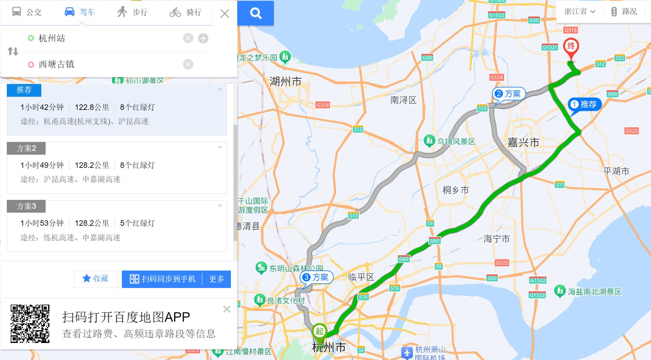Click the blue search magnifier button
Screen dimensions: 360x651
coord(256,13)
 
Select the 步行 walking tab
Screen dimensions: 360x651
coord(133,12)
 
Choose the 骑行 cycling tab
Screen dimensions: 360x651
coord(185,12)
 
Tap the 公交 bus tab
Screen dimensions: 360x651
coord(27,12)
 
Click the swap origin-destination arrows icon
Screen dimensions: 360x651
coord(13,52)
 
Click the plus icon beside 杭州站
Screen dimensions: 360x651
coord(203,38)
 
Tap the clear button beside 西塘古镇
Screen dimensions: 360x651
coord(188,64)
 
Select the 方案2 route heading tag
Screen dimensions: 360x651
coord(26,148)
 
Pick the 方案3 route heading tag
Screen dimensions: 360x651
coord(26,206)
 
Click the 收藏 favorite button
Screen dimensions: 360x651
coord(95,279)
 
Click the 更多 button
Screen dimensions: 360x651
coord(216,279)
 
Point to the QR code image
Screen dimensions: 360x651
coord(30,324)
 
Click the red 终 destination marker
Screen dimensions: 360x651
coord(571,47)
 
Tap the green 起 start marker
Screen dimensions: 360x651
coord(320,331)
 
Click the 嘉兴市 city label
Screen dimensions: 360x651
coord(523,143)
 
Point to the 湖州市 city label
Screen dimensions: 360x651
coord(285,81)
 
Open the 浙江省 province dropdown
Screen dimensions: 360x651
coord(579,12)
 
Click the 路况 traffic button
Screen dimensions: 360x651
coord(624,12)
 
